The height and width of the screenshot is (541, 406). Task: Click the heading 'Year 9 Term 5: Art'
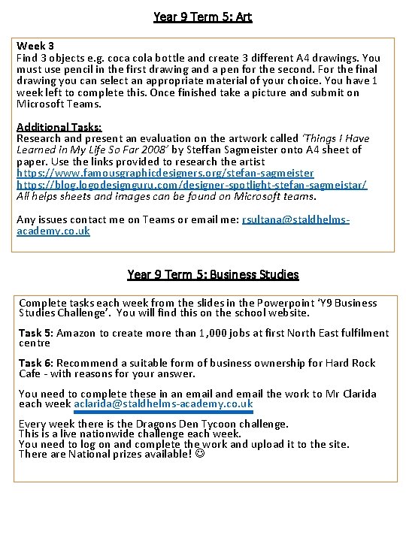[202, 16]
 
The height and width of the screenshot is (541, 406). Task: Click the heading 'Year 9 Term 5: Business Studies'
[213, 274]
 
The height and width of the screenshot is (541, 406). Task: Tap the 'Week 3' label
[35, 46]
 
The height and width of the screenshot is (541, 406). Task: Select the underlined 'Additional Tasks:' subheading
[59, 127]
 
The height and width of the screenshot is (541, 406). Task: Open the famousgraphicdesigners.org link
[165, 173]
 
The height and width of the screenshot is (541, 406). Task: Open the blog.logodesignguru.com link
[192, 185]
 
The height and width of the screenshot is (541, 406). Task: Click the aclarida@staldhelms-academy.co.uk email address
[163, 404]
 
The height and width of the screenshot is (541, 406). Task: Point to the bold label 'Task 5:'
[35, 333]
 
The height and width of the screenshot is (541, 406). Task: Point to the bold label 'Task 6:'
[35, 363]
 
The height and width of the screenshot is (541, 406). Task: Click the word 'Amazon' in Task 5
[76, 333]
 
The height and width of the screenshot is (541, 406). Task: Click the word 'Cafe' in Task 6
[30, 373]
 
